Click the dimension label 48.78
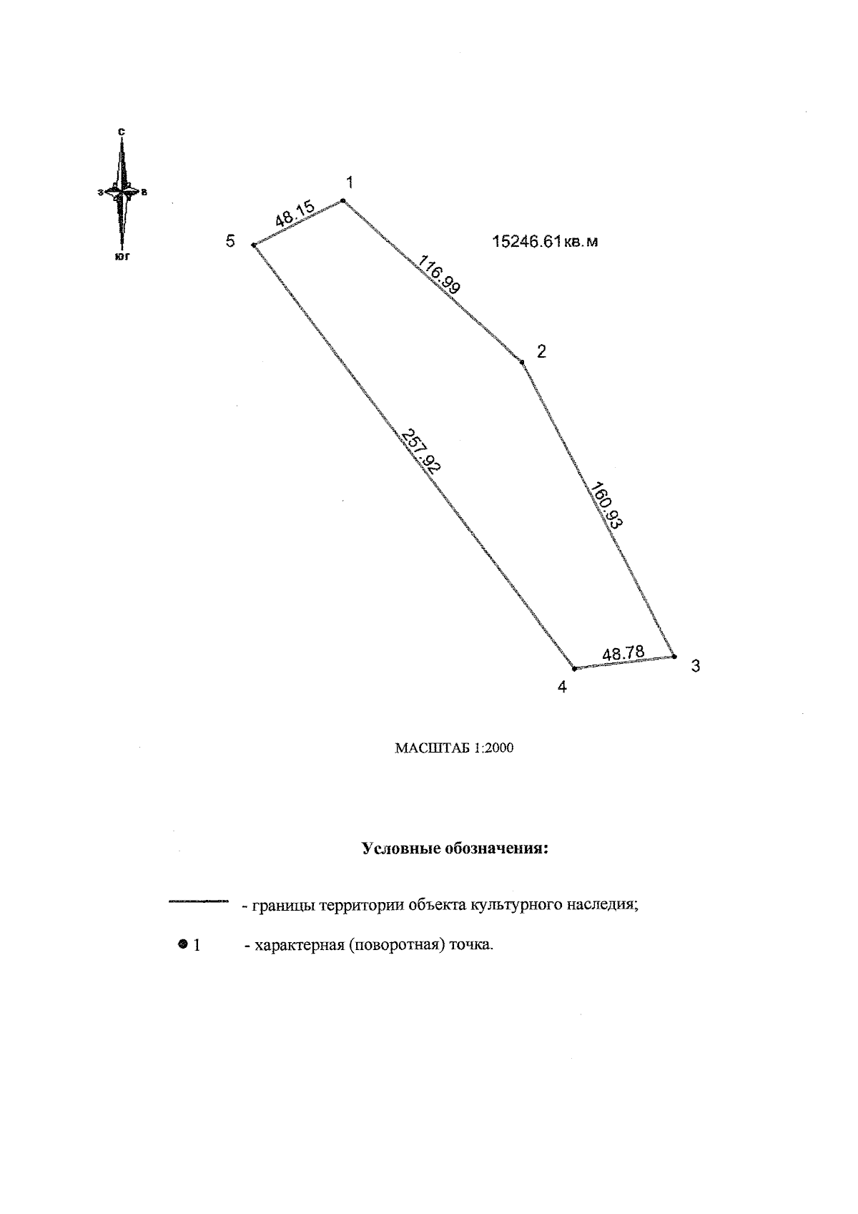(623, 653)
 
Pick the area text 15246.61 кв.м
(545, 242)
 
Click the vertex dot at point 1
(343, 201)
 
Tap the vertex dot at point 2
(523, 362)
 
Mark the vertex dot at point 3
(674, 656)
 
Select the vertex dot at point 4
(574, 669)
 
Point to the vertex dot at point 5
(254, 245)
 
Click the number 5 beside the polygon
(230, 241)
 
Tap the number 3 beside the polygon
(696, 666)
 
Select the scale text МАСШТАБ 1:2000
(454, 749)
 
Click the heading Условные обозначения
(455, 849)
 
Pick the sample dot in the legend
(183, 944)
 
